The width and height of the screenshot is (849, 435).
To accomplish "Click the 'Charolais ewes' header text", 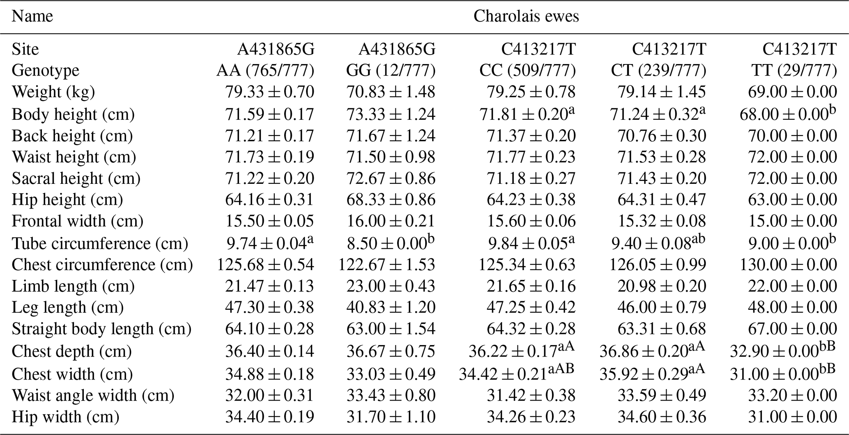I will [526, 16].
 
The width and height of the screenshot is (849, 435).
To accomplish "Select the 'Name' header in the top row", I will [32, 16].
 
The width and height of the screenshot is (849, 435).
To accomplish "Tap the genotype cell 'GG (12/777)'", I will [391, 71].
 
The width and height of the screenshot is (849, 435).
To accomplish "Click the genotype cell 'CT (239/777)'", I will [658, 71].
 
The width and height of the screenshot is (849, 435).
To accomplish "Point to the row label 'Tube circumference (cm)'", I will [100, 243].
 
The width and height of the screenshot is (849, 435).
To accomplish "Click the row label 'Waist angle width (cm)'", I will [93, 395].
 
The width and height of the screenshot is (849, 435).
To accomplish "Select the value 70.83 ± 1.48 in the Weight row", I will [391, 92].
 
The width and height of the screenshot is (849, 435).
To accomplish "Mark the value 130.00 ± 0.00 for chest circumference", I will [788, 265].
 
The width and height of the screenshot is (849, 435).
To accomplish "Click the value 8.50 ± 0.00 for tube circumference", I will [386, 243].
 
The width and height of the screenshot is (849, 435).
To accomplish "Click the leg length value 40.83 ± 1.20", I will [391, 307].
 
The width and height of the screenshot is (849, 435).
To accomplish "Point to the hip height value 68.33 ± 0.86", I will [391, 199].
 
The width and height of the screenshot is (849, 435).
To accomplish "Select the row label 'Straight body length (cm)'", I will [101, 329].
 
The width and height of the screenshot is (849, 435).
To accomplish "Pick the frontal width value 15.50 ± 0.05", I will [269, 221].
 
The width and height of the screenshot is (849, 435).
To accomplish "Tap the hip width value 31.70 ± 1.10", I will [391, 417].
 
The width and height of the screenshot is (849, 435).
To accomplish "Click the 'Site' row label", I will [25, 49].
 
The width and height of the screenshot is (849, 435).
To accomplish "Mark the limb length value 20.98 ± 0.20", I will [662, 286].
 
